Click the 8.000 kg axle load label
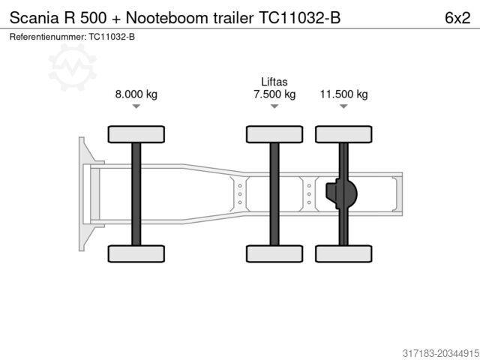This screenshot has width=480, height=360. pos(136,94)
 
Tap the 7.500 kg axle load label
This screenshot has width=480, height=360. pos(274,94)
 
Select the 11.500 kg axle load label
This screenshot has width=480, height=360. pos(343,94)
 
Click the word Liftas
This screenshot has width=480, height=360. pos(274,82)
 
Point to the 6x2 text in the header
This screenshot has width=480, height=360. pos(457,18)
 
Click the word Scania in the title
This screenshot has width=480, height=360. pos(34,18)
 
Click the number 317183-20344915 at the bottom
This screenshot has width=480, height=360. pos(440,353)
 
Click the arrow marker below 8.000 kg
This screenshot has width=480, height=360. pos(136,106)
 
